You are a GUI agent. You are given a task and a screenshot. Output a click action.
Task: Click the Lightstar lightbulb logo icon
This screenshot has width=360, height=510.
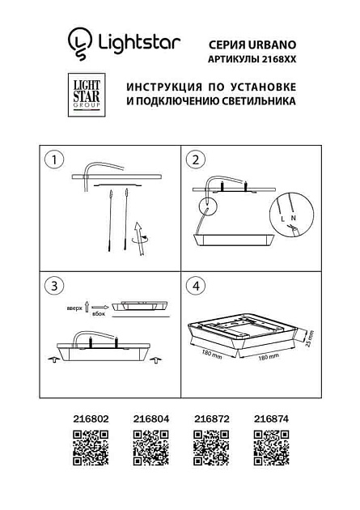[79, 40]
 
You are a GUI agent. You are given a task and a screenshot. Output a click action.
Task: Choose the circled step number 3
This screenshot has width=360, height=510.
[53, 287]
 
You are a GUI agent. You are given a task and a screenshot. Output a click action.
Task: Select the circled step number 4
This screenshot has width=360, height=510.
[197, 287]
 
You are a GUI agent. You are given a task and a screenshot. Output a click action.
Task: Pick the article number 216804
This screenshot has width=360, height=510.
[145, 419]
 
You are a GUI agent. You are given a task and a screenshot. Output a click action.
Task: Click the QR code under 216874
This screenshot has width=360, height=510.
[271, 447]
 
